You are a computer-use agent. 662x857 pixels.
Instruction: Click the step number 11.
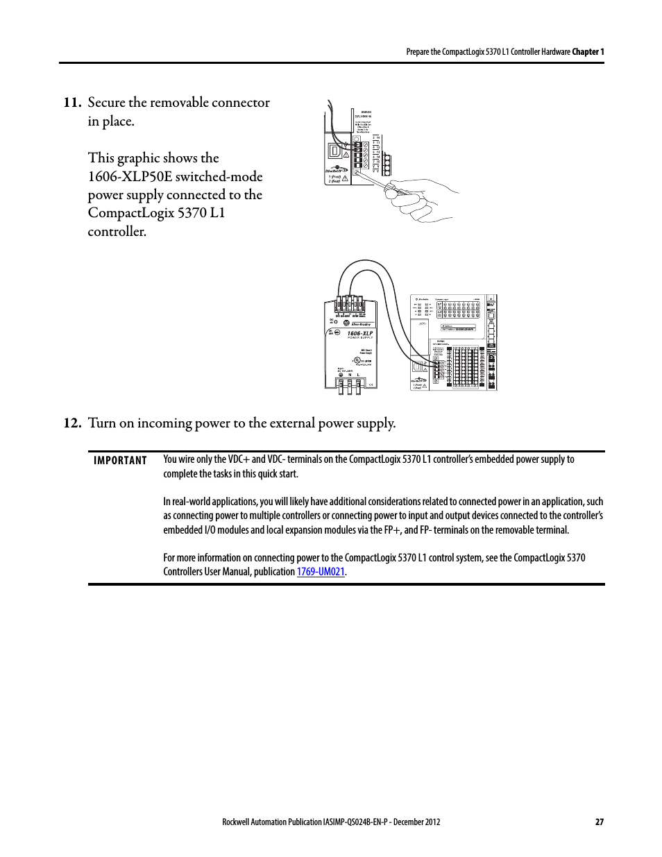tap(72, 103)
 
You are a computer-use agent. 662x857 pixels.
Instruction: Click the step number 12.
tap(72, 423)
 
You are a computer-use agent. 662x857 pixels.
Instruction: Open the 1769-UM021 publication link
tap(321, 572)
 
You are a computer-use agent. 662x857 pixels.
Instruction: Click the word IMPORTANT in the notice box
tap(120, 461)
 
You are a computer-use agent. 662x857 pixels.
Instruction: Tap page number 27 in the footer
tap(600, 822)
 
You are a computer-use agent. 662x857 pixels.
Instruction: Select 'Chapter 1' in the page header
tap(588, 52)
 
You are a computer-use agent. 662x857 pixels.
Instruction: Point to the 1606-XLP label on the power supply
tap(359, 334)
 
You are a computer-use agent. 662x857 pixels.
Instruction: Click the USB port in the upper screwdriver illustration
tap(335, 151)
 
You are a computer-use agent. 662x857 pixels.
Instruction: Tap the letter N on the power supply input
tap(349, 375)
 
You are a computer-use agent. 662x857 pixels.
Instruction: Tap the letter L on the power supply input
tap(358, 375)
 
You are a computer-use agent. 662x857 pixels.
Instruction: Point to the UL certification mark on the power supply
tap(357, 360)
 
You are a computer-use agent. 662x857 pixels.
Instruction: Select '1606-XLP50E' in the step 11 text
tap(130, 177)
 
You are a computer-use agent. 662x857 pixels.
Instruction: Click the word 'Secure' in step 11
tap(106, 103)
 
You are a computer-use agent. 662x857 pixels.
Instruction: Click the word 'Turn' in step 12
tap(102, 423)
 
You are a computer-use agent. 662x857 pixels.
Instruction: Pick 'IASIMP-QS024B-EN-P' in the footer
tap(355, 822)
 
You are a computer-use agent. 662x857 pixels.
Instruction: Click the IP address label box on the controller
tap(459, 328)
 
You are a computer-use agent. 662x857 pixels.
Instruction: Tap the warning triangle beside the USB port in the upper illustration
tap(346, 155)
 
